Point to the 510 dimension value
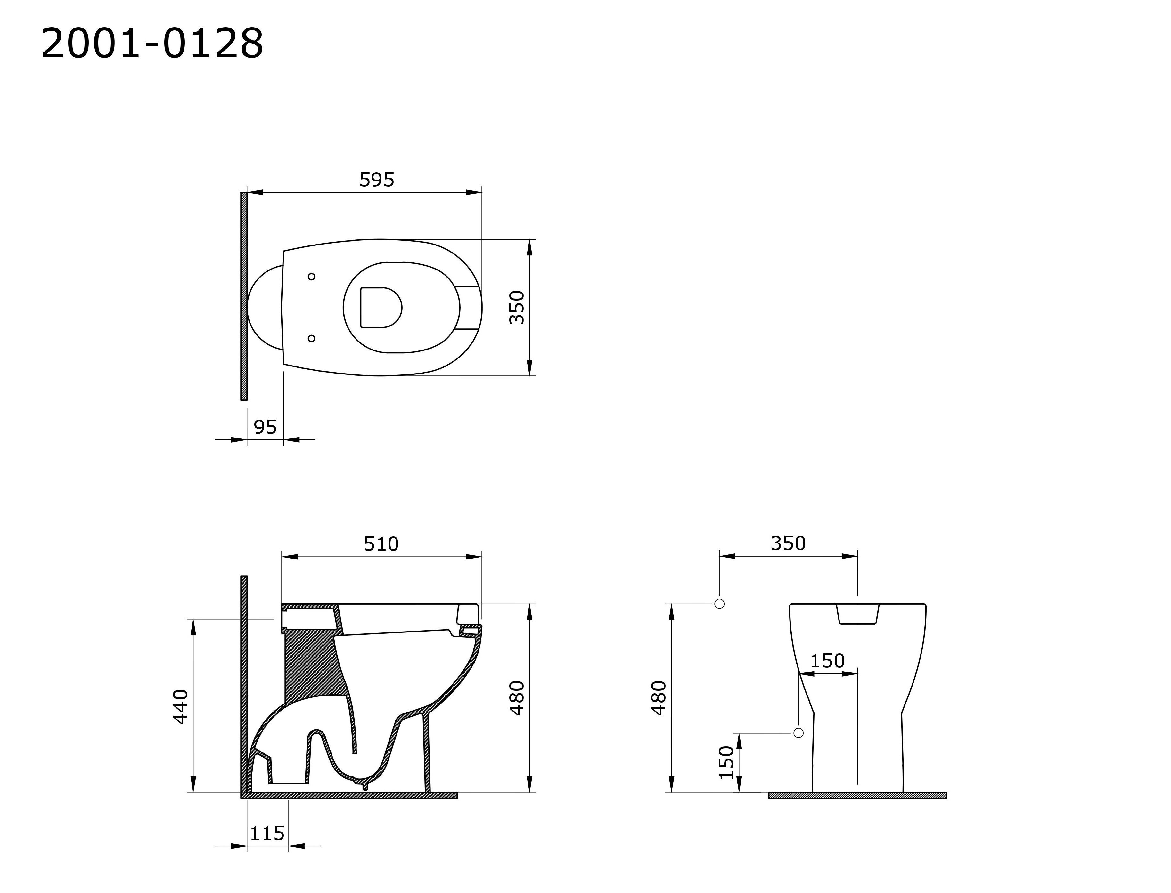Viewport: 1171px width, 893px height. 381,544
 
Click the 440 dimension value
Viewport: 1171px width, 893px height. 181,706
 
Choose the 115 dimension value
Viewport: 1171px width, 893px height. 267,833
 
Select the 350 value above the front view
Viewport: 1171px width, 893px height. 788,543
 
